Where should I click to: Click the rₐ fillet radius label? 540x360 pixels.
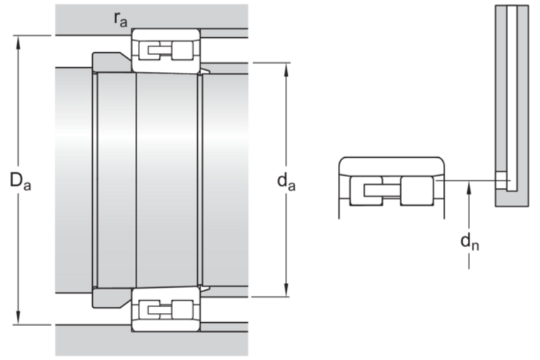point(121,19)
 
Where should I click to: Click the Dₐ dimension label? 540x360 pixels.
point(20,181)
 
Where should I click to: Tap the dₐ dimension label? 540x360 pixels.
point(286,181)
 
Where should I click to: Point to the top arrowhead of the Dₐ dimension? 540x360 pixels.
point(19,41)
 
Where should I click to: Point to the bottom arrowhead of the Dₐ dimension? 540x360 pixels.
point(19,318)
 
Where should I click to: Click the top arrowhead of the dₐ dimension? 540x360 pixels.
point(286,69)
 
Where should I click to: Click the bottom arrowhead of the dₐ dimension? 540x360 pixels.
point(286,290)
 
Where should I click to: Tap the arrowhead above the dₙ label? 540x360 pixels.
point(469,188)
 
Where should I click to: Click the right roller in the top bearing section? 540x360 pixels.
point(182,50)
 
